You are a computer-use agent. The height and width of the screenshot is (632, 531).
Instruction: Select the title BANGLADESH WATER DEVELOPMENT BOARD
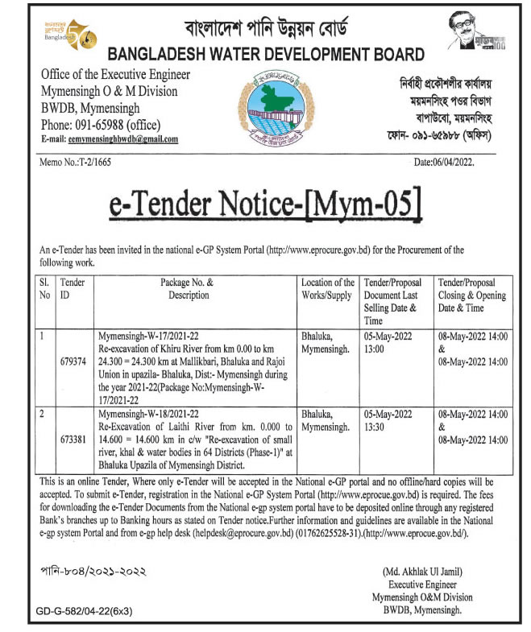(265, 56)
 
